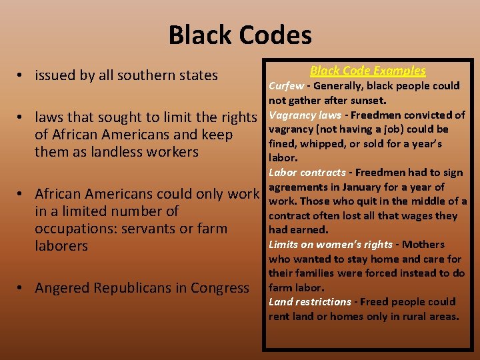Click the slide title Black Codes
point(240,35)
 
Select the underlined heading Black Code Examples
point(367,71)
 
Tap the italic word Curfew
point(286,85)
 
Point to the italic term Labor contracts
point(307,172)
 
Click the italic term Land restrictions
point(310,301)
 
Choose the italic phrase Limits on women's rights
point(331,244)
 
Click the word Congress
point(219,288)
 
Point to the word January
point(364,187)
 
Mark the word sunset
point(369,100)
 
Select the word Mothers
point(425,244)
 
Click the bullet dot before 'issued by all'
point(21,76)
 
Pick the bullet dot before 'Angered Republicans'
point(21,289)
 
